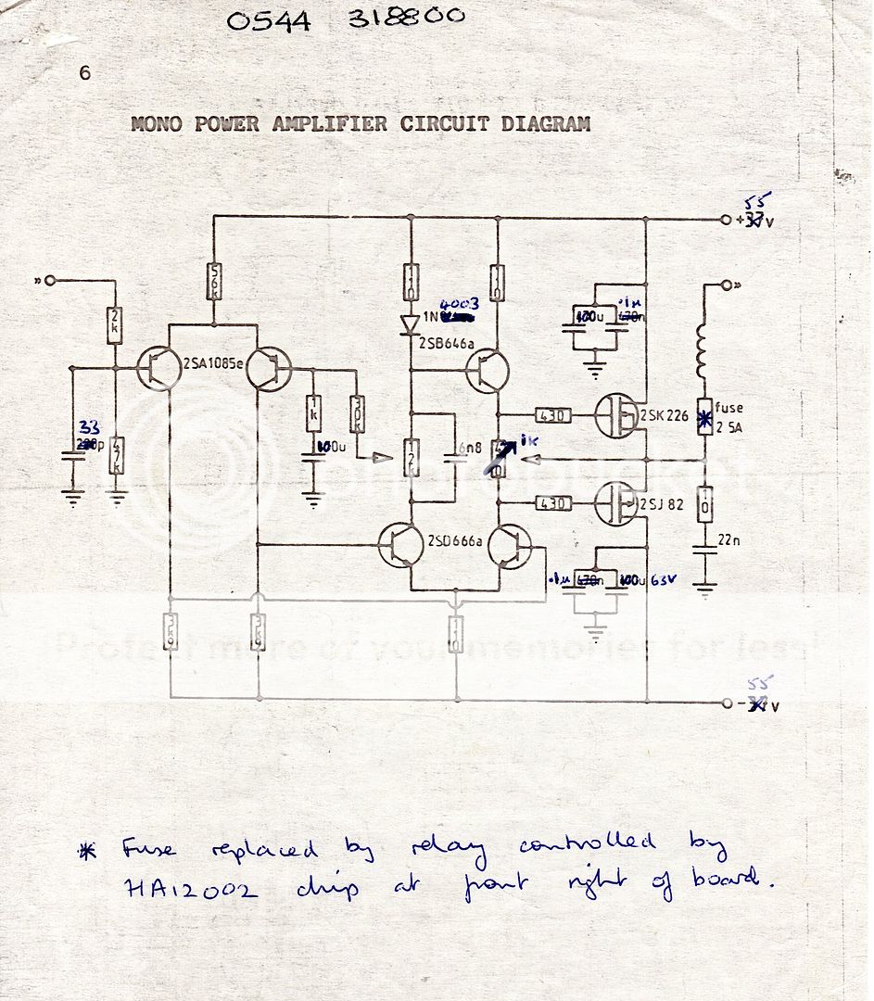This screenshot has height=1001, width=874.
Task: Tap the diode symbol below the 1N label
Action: click(x=409, y=323)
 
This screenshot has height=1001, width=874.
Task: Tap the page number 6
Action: click(x=84, y=73)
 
